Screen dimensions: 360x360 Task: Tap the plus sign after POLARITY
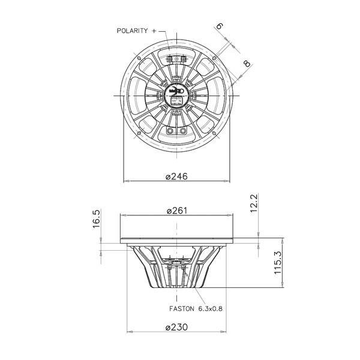click(x=155, y=30)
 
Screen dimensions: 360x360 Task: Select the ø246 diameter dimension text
click(x=177, y=176)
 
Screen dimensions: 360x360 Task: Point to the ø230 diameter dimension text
click(x=177, y=327)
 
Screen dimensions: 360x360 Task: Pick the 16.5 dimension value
click(x=96, y=220)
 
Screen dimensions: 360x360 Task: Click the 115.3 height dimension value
click(x=277, y=263)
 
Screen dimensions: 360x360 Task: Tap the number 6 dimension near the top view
click(x=220, y=26)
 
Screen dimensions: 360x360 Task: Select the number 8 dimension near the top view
click(x=247, y=64)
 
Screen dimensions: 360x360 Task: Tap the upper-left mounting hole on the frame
click(x=139, y=58)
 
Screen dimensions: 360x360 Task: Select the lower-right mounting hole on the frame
click(x=215, y=134)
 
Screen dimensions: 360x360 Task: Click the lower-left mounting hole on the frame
click(x=139, y=134)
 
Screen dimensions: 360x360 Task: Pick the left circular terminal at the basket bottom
click(x=170, y=131)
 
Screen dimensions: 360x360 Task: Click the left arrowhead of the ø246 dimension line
click(x=125, y=180)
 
